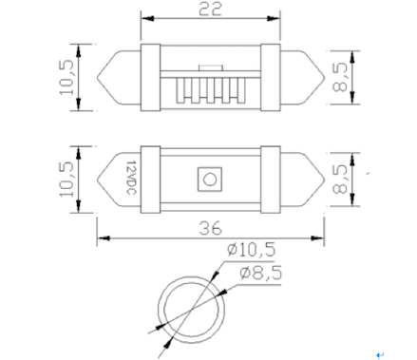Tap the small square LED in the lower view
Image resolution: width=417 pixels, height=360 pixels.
click(x=208, y=178)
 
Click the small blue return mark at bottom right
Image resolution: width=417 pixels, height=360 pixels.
click(x=379, y=353)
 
